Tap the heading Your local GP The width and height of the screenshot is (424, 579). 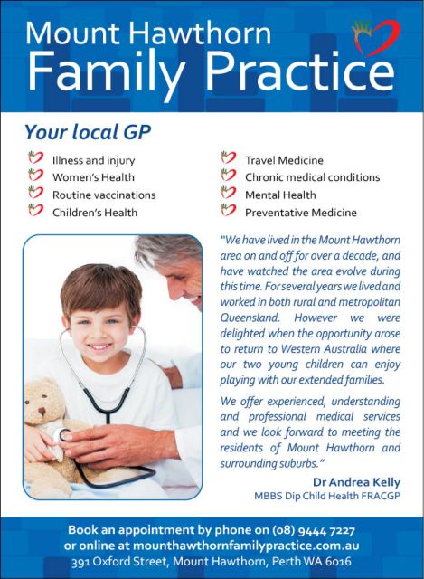[x=88, y=132]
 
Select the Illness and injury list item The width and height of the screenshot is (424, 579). [x=94, y=160]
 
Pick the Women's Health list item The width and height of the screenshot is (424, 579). [x=94, y=177]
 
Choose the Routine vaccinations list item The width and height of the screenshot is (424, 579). [x=103, y=195]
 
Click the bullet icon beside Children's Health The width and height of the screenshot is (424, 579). [x=35, y=212]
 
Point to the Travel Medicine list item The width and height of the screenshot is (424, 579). [x=284, y=160]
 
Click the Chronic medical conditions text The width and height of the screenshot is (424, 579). [x=312, y=177]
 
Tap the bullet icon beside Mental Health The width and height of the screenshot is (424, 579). [x=228, y=195]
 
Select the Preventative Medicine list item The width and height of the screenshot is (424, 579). [x=300, y=213]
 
